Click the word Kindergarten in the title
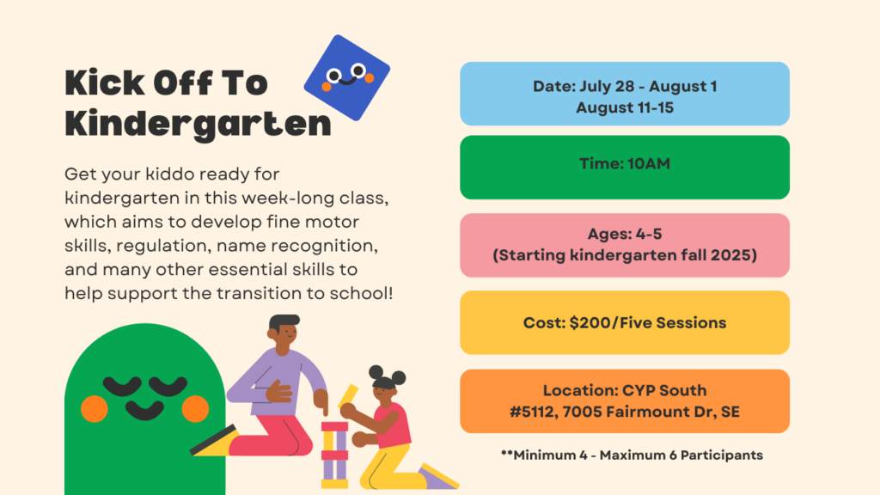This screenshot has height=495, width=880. coord(198,124)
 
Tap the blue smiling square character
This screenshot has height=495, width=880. coord(347,77)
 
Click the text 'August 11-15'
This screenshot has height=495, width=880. coord(625,107)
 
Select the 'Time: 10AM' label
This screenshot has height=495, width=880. coord(625,164)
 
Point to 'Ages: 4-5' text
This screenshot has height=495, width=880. coord(625,234)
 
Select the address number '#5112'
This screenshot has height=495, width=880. coord(533,412)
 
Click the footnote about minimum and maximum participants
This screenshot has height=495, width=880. coord(632,455)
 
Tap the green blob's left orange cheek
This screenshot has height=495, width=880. coord(95,408)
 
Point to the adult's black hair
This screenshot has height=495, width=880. coord(284,322)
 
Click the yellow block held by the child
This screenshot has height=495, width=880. coord(348,395)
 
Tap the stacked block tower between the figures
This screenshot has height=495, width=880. coord(334,455)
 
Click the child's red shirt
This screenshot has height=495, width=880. coord(394,425)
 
